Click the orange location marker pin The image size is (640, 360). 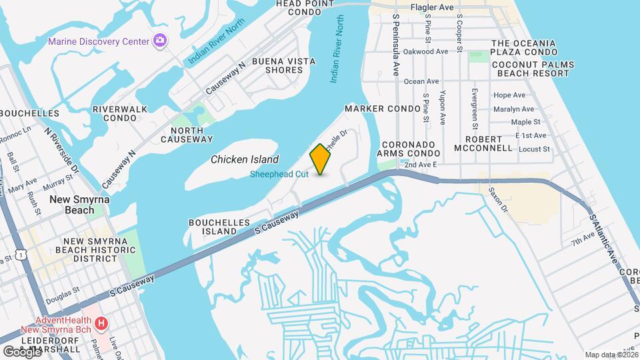[321, 159]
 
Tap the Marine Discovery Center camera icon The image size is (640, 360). [160, 41]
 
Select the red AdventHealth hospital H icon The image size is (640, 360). [101, 325]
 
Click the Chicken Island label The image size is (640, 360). [245, 159]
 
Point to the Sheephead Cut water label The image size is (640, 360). [279, 175]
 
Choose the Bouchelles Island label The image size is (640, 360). [219, 227]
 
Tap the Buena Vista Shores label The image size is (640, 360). [283, 65]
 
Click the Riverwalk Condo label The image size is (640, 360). [115, 113]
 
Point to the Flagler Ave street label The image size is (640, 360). [432, 7]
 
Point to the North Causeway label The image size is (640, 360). [191, 135]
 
